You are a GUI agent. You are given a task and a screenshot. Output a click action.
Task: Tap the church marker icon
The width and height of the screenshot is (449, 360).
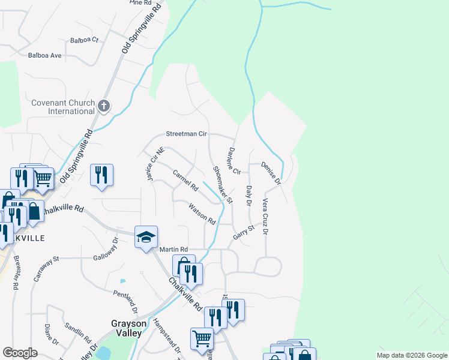[104, 107]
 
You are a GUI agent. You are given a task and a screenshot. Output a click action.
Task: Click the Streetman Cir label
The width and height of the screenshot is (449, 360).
[186, 134]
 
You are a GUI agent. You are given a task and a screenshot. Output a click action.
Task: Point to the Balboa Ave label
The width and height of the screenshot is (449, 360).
[45, 55]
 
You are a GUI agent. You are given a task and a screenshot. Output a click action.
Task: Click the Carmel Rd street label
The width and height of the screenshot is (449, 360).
[185, 180]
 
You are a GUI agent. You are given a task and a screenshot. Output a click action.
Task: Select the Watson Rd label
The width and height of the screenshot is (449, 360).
[202, 214]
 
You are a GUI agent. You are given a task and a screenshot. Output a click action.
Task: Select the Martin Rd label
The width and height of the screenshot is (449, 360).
[173, 249]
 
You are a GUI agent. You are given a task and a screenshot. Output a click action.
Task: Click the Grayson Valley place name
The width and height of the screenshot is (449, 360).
[127, 328]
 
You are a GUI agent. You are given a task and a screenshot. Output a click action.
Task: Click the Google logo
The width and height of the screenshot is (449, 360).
[20, 353]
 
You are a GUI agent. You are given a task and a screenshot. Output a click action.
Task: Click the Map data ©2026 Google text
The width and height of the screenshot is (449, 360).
[411, 355]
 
